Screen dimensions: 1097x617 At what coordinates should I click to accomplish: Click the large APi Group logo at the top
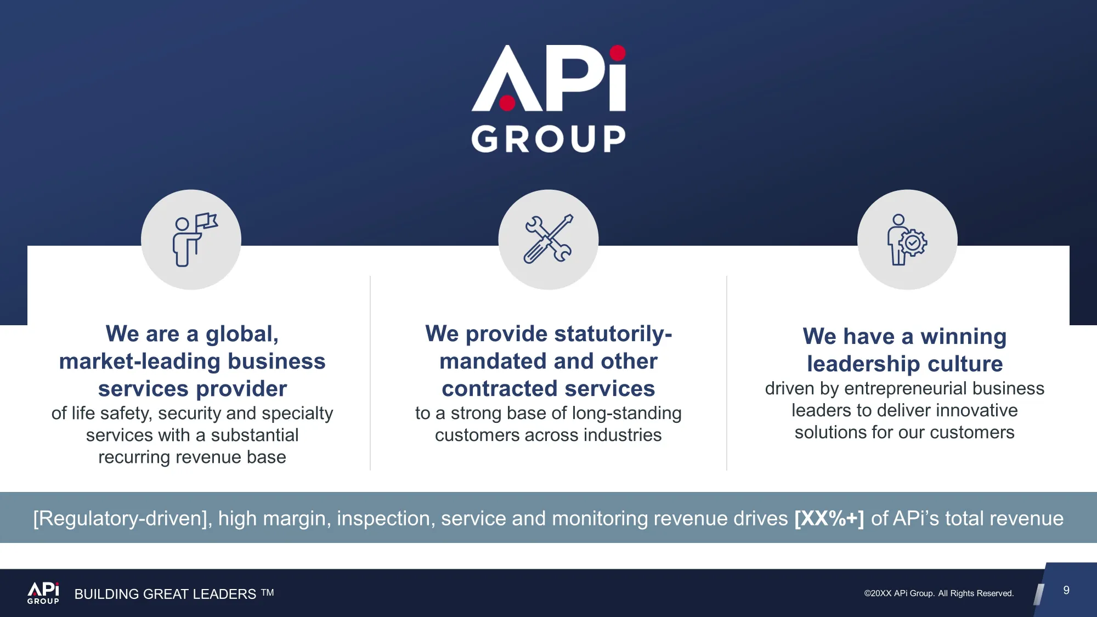(x=548, y=99)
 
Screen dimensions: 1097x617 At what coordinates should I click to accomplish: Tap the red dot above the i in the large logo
(x=618, y=53)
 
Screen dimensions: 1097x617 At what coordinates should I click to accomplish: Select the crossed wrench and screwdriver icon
(x=548, y=239)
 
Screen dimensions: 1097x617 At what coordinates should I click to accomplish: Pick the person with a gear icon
(x=907, y=240)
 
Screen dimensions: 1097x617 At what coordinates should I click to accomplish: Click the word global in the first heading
(x=242, y=334)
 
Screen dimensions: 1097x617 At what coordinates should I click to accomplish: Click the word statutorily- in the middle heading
(x=613, y=333)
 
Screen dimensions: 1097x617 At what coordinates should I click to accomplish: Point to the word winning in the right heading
(x=963, y=336)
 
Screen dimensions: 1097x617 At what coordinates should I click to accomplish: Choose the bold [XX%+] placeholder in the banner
(x=829, y=518)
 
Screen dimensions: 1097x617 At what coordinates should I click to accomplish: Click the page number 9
(x=1066, y=590)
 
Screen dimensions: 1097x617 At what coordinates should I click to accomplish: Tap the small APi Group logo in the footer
(x=43, y=593)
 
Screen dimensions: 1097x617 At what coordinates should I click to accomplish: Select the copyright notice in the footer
(x=939, y=593)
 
